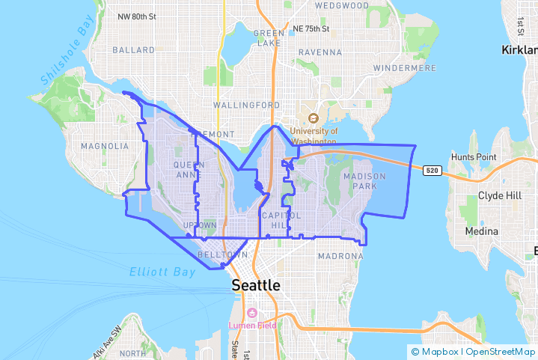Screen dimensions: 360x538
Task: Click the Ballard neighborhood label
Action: (133, 50)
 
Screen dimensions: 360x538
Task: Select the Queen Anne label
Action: (188, 169)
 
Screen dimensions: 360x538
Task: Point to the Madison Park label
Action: (364, 180)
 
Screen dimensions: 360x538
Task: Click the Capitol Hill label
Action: (274, 220)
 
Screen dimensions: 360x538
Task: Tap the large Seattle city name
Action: (256, 285)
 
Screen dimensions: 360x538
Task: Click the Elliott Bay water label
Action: (161, 272)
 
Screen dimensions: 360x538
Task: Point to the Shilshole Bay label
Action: (66, 57)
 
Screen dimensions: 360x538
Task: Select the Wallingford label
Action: (247, 106)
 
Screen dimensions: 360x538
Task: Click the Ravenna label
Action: (320, 52)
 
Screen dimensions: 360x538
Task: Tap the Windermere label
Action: (404, 68)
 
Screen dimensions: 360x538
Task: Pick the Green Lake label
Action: (269, 38)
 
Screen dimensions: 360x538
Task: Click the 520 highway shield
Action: (431, 171)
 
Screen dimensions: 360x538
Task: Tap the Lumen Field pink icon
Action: (251, 313)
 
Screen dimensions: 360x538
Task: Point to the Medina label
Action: (481, 231)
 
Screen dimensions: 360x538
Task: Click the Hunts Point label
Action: (474, 157)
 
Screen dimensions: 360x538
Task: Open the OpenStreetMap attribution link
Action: (501, 351)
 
